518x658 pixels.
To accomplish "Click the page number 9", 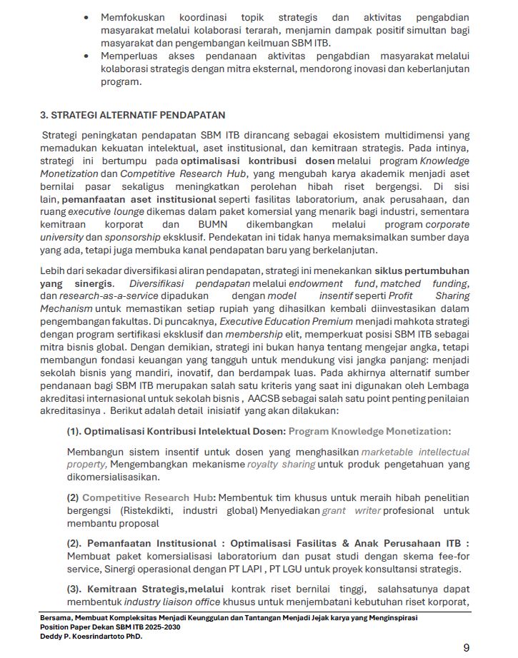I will [x=467, y=647].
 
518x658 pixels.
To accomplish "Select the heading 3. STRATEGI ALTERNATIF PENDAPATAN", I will [x=132, y=115].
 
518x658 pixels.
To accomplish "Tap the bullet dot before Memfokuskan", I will [x=86, y=17].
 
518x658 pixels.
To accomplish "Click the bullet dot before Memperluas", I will [x=86, y=56].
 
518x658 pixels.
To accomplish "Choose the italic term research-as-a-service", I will [x=99, y=295].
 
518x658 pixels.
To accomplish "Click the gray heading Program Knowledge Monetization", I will [x=369, y=431].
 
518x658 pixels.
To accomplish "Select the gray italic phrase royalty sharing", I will [x=281, y=464].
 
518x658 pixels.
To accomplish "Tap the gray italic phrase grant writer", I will [x=352, y=511].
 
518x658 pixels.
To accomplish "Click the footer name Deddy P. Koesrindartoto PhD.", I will [x=91, y=637].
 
